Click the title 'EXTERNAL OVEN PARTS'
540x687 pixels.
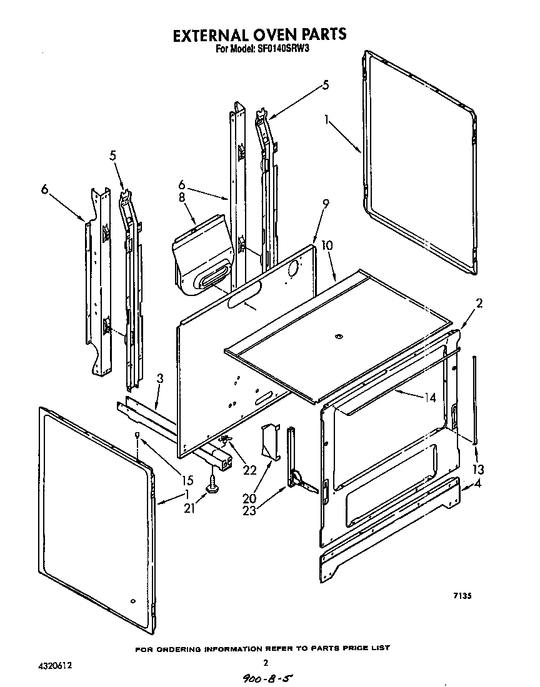pyautogui.click(x=259, y=34)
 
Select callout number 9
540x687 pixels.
pyautogui.click(x=325, y=203)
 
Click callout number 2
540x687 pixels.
pyautogui.click(x=479, y=304)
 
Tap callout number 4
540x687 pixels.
pyautogui.click(x=478, y=482)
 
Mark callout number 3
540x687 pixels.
pyautogui.click(x=160, y=379)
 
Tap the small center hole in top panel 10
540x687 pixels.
pyautogui.click(x=339, y=337)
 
